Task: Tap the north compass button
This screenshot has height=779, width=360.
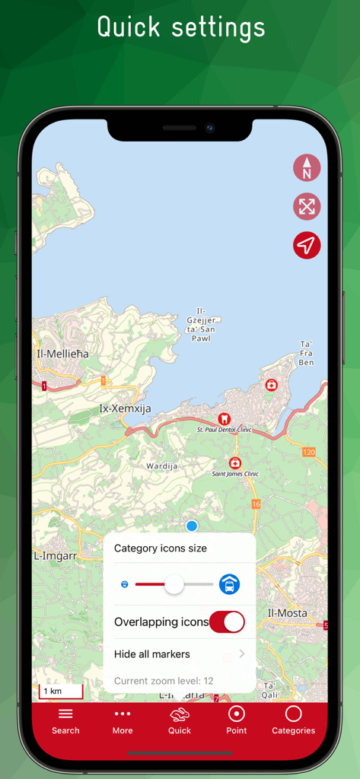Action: [307, 168]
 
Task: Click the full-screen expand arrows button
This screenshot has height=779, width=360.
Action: [307, 206]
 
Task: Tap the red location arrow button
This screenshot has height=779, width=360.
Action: [307, 245]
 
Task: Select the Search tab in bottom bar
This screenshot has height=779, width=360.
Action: [65, 720]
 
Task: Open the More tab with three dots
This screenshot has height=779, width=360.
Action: [123, 720]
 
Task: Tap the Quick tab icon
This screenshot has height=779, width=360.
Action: [180, 720]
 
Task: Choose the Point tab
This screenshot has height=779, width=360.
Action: [237, 720]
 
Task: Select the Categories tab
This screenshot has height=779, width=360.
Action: [293, 720]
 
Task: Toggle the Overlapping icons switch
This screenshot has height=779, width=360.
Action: [227, 622]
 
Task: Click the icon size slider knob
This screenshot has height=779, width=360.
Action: [174, 584]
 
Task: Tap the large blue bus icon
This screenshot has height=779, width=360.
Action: [229, 584]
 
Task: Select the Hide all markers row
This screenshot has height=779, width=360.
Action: [180, 654]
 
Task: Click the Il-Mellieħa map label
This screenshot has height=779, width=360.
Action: [62, 354]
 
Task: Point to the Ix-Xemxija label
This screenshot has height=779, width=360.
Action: [125, 409]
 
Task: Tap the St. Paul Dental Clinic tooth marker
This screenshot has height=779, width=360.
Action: [224, 418]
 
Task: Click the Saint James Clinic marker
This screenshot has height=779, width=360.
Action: [235, 463]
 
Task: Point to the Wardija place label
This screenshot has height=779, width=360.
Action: [161, 465]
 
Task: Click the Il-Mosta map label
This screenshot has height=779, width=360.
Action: [287, 613]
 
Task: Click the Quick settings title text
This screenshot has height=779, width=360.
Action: [180, 27]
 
